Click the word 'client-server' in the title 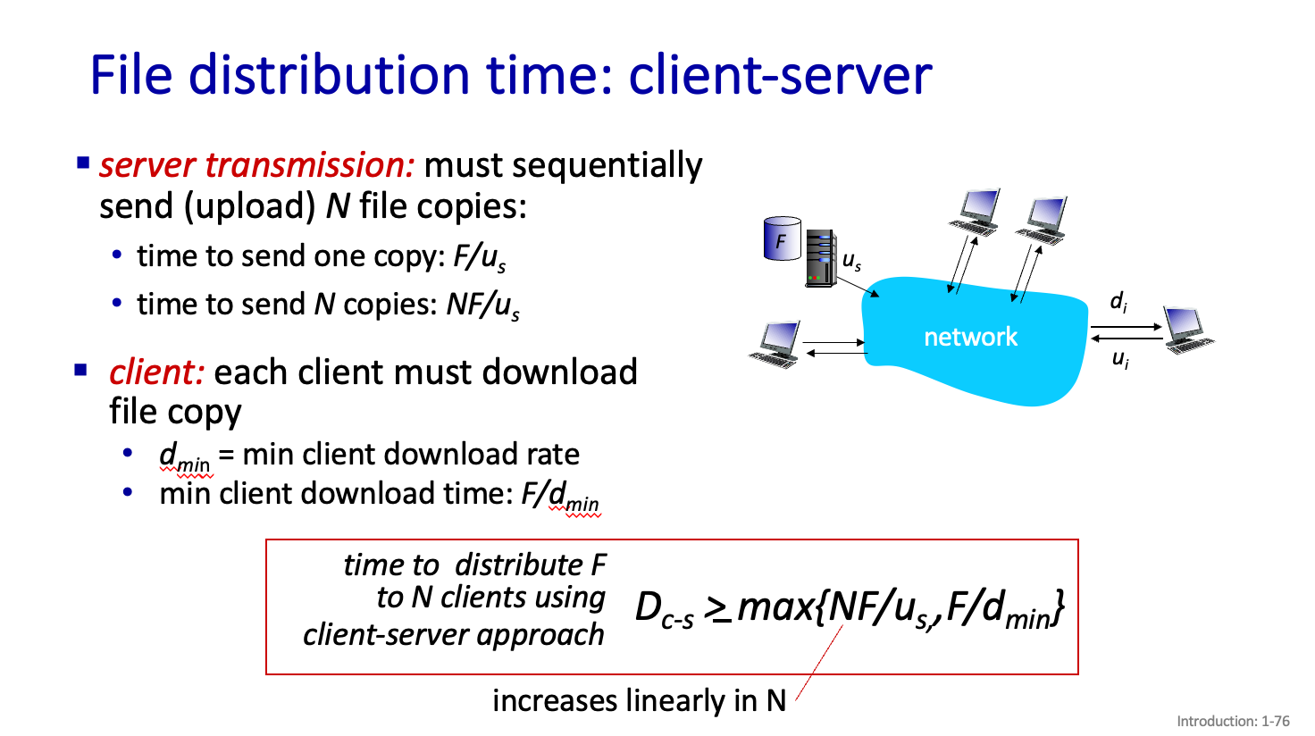780,75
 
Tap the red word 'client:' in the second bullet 157,372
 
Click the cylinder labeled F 782,238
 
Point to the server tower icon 820,258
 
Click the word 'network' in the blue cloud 970,337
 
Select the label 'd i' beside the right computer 1118,302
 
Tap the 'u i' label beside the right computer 1119,360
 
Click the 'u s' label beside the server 851,261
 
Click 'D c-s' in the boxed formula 663,609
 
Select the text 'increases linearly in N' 639,700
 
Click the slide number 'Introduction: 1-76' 1233,721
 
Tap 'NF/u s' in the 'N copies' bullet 482,305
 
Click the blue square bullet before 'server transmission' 83,163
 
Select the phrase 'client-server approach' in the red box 453,634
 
